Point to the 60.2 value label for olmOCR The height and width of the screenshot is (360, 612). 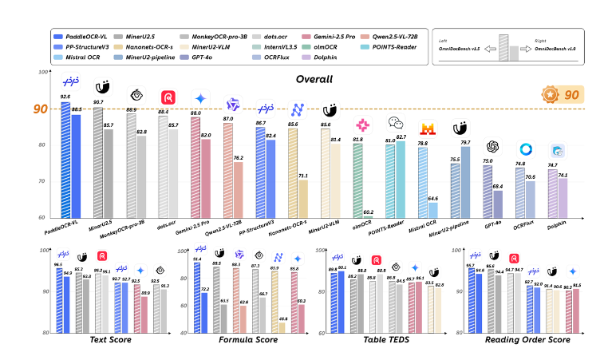tap(369, 212)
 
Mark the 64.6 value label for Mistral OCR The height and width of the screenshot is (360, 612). tap(432, 197)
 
